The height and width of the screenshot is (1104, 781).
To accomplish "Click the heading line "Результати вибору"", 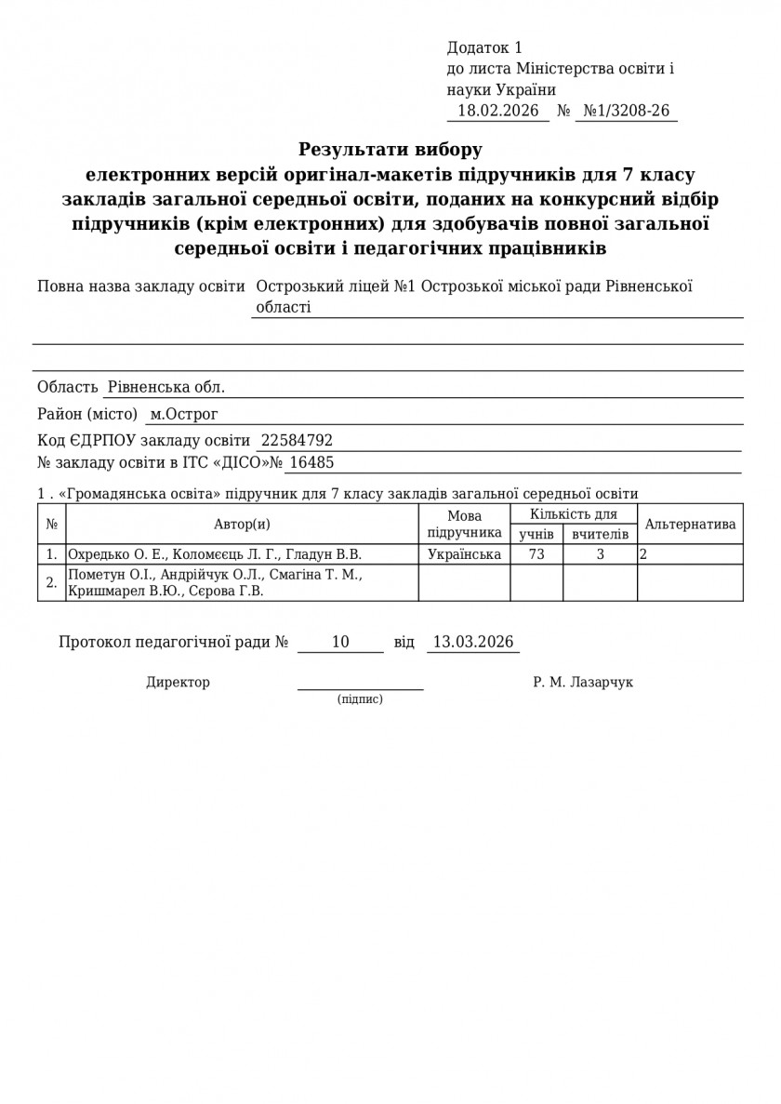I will [390, 149].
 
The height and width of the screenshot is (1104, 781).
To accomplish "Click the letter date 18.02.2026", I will [498, 111].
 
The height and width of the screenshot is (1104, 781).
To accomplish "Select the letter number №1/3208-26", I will [626, 111].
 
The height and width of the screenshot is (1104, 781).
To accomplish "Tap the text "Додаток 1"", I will [484, 47].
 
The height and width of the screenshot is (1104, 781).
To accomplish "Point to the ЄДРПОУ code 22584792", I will [297, 441].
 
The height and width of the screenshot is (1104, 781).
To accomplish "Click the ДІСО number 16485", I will [311, 462].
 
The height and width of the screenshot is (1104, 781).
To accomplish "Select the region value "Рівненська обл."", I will [166, 387].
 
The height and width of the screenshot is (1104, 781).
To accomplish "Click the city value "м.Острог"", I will [184, 414].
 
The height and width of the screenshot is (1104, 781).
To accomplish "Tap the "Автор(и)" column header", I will [242, 525].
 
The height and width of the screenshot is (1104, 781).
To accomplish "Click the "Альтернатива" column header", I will [690, 525].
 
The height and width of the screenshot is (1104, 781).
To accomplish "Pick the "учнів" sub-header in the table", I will [536, 534].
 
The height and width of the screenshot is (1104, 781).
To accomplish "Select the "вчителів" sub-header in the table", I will [600, 534].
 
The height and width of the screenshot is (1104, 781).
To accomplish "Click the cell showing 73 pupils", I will [536, 554].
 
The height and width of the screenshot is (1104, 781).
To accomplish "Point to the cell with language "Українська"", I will [464, 554].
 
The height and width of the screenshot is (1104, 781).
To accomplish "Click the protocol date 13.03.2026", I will [472, 642].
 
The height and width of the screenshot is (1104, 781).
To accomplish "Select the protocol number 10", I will [340, 642].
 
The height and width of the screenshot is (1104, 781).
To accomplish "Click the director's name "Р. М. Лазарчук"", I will [583, 683].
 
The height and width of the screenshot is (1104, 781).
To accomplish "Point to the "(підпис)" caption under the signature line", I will [360, 698].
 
